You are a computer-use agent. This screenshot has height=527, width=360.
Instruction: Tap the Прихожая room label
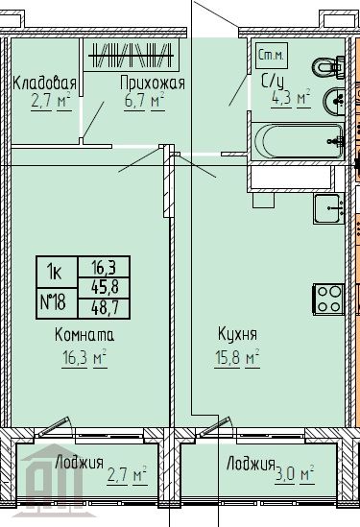click(152, 83)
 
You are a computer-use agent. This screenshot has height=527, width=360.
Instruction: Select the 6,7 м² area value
click(142, 99)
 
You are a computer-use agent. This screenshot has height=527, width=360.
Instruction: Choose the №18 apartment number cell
click(53, 303)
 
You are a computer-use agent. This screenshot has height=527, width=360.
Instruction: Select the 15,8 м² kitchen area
click(236, 359)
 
